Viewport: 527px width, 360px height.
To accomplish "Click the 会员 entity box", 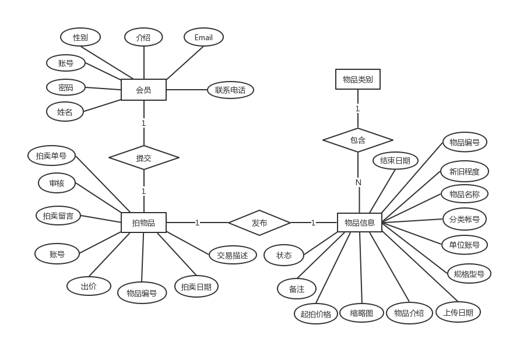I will click(143, 90).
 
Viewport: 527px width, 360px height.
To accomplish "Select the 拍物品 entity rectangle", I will click(143, 223).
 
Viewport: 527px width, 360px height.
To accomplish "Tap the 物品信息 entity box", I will click(360, 223).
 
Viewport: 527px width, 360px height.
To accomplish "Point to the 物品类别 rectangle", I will click(358, 79).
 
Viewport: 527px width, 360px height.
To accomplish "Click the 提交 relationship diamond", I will click(143, 157).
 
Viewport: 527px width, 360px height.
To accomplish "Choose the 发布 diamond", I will click(259, 223).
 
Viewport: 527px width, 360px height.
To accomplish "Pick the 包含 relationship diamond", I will click(358, 140).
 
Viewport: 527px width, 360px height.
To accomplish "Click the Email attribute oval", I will click(203, 38).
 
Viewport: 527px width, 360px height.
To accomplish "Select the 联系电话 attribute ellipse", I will click(230, 90).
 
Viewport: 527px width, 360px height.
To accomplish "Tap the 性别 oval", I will click(80, 37).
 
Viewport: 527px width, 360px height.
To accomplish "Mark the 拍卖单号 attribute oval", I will click(51, 156).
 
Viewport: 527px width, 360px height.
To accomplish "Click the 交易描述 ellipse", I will click(233, 255).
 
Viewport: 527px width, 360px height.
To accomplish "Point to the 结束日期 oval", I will click(395, 161).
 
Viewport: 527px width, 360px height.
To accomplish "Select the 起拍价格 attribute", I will click(316, 314).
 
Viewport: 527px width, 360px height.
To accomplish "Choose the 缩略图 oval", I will click(361, 313).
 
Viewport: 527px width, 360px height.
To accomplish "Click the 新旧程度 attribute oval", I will click(465, 171).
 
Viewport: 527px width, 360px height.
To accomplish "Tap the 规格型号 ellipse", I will click(469, 273).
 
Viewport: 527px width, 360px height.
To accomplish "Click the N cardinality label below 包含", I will click(359, 182).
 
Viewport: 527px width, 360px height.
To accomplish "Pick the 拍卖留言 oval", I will click(58, 216).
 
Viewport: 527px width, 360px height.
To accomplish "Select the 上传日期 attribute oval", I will click(458, 312).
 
